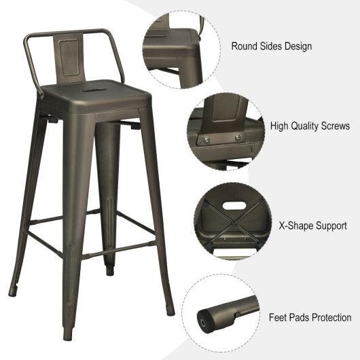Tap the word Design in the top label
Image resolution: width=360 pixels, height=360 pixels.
(298, 47)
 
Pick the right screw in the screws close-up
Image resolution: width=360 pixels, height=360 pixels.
(238, 138)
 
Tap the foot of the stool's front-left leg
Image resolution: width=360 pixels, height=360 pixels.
(68, 335)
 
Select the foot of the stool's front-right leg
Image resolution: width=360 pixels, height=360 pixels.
(170, 312)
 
